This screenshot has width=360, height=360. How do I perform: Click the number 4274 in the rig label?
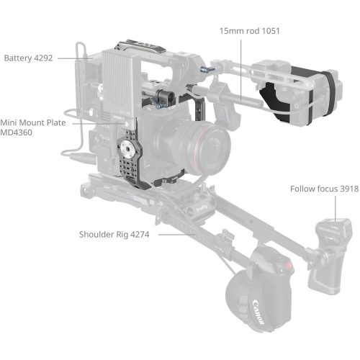point(139,234)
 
